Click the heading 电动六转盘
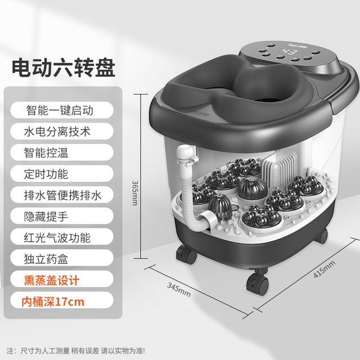coord(64,67)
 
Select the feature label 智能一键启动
coord(60,110)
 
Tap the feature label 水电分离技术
coord(57,132)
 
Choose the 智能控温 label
coord(46,152)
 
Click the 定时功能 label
coord(46,174)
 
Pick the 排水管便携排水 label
coord(62,195)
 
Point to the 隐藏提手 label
coord(46,216)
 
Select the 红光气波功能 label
coord(57,237)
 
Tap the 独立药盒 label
coord(46,259)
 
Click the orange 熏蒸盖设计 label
coord(51,280)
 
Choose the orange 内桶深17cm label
coord(53,301)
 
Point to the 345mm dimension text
coord(179,289)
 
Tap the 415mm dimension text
coord(325,269)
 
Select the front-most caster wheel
coord(258,283)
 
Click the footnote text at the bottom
coord(76,350)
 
